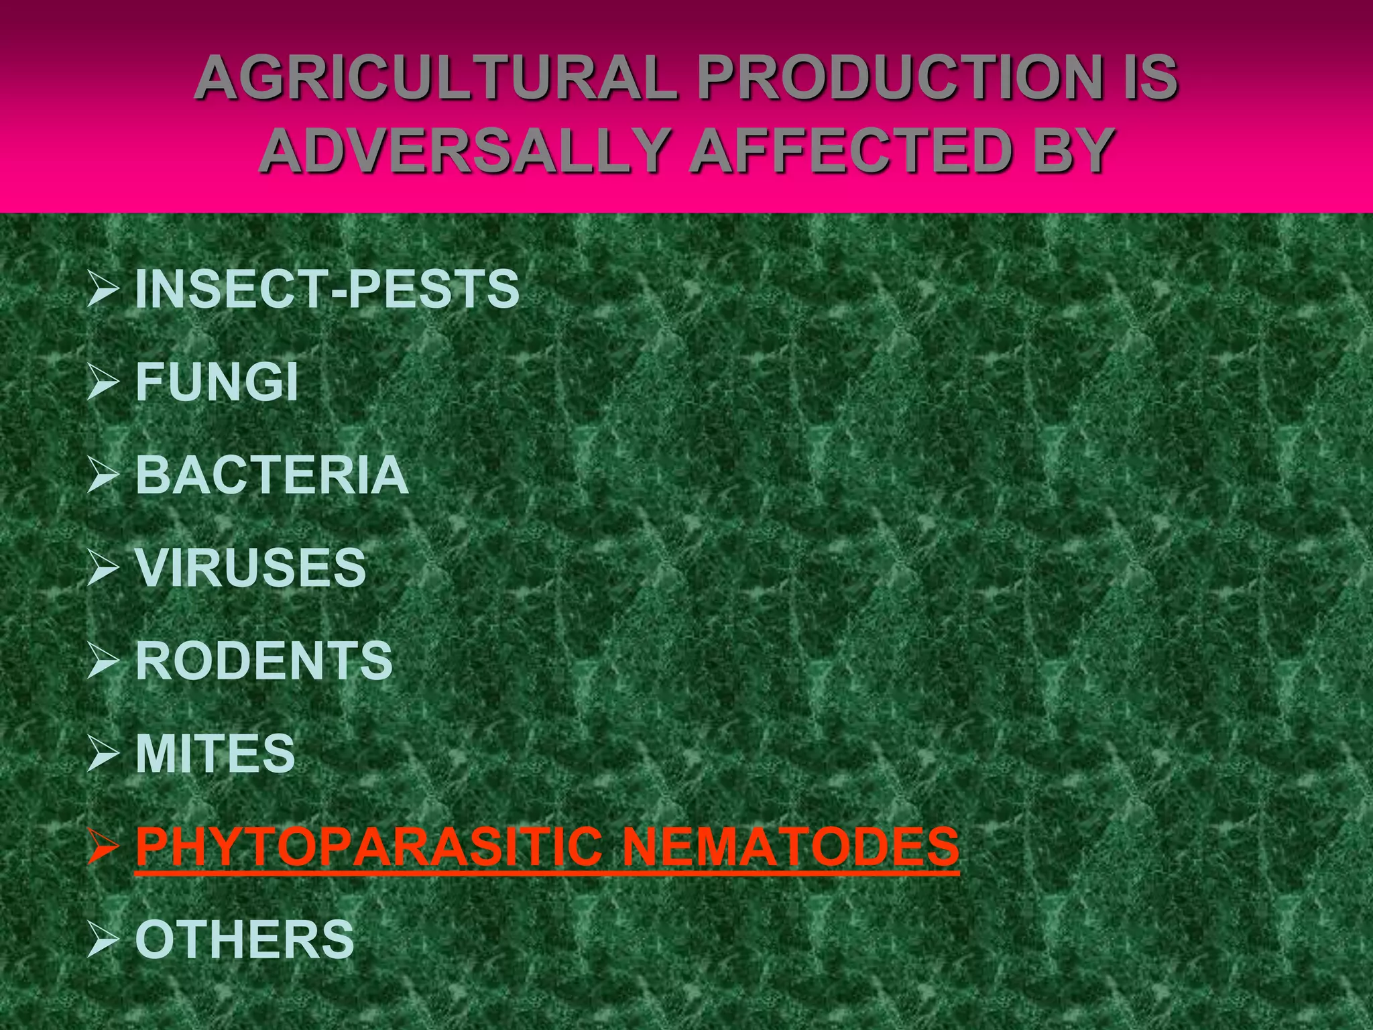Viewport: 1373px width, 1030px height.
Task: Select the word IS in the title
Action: (x=1144, y=79)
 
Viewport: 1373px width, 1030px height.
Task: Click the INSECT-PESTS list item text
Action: (x=327, y=290)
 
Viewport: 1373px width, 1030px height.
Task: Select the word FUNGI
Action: (x=217, y=382)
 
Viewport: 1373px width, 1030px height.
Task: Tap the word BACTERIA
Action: (x=272, y=475)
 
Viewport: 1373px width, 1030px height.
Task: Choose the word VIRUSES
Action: (x=251, y=568)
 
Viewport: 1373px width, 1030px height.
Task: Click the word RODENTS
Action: (x=264, y=661)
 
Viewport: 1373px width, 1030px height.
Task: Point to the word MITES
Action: (x=215, y=754)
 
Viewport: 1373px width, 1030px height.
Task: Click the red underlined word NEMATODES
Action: (x=790, y=846)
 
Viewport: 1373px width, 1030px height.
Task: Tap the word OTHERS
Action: (x=245, y=939)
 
